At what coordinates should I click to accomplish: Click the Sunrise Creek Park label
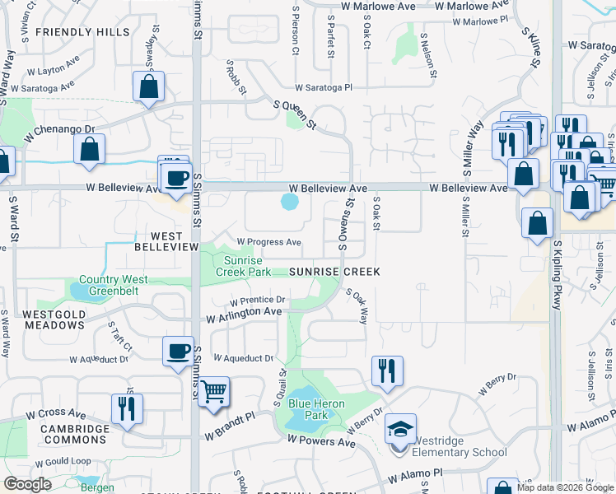coord(243,265)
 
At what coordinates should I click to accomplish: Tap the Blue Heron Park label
coord(308,409)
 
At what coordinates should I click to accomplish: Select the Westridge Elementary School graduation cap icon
coord(400,431)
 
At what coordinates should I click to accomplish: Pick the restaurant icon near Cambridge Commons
coord(127,408)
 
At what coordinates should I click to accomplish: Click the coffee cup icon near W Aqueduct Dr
coord(177,352)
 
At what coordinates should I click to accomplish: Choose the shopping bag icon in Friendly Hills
coord(148,86)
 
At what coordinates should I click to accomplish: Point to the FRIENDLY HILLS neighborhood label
coord(94,32)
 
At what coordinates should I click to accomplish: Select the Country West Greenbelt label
coord(114,285)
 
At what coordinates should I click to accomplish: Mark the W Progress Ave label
coord(268,242)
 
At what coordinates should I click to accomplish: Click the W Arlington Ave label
coord(244,314)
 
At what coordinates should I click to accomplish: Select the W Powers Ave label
coord(321,442)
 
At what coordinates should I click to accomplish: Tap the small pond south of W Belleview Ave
coord(289,202)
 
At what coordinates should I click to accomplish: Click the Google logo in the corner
coord(28,484)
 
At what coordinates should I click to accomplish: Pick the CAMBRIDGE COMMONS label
coord(65,434)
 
